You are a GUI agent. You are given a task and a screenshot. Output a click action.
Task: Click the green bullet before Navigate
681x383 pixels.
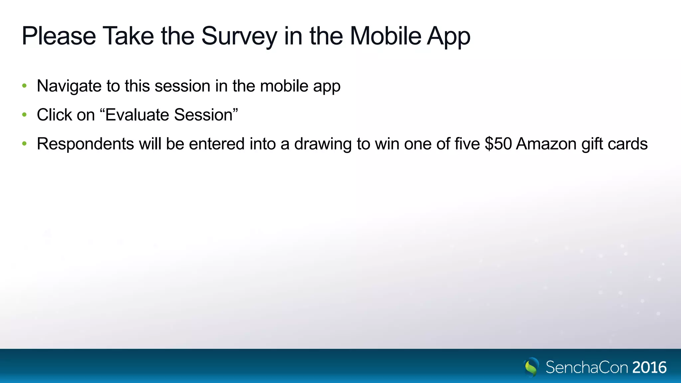[24, 86]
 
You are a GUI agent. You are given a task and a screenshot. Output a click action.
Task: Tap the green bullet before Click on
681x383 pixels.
[24, 115]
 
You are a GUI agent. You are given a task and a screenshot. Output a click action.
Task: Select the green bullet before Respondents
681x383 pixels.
[24, 144]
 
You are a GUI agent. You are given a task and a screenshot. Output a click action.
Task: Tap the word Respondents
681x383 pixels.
[85, 144]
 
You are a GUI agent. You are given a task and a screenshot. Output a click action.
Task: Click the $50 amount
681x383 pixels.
[498, 144]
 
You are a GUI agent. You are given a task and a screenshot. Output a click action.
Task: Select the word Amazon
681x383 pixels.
[546, 144]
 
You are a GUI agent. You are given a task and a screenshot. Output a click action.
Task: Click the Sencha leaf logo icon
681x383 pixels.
[531, 367]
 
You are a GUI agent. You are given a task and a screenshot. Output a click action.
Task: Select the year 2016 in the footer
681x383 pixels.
[649, 367]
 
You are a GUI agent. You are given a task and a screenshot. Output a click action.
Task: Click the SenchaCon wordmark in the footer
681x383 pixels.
[587, 367]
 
